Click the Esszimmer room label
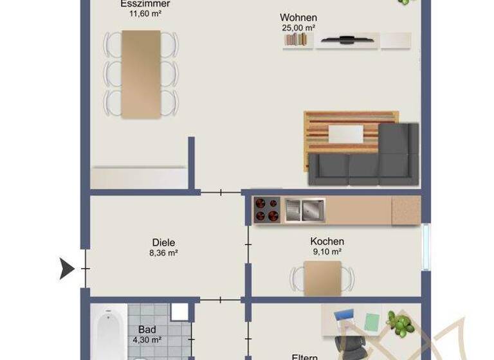(145, 4)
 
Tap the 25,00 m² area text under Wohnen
(298, 28)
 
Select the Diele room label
(163, 242)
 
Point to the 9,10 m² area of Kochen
(327, 252)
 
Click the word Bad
(147, 330)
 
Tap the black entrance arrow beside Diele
(67, 268)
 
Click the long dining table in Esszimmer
(141, 74)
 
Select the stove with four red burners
(267, 209)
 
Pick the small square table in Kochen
(322, 278)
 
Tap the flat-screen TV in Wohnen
(347, 40)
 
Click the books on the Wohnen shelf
(297, 40)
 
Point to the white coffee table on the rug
(346, 133)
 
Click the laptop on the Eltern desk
(344, 317)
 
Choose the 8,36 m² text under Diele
(163, 253)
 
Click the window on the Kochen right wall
(426, 246)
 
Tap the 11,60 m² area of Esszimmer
(145, 14)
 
